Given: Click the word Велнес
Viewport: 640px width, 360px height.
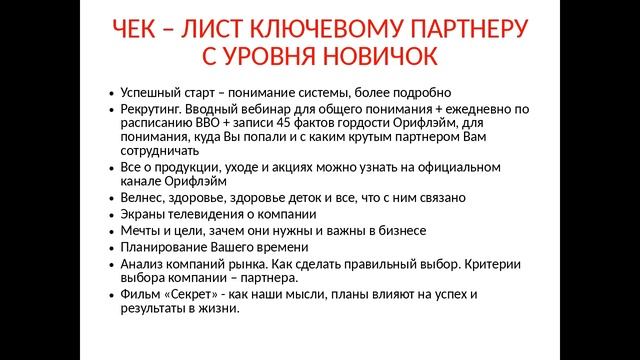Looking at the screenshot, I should click(x=140, y=199).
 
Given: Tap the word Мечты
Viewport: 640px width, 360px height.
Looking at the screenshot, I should click(x=139, y=230).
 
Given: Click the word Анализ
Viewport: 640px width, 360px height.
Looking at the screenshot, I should click(x=140, y=263).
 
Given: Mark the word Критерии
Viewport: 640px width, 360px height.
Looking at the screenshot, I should click(x=489, y=263).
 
